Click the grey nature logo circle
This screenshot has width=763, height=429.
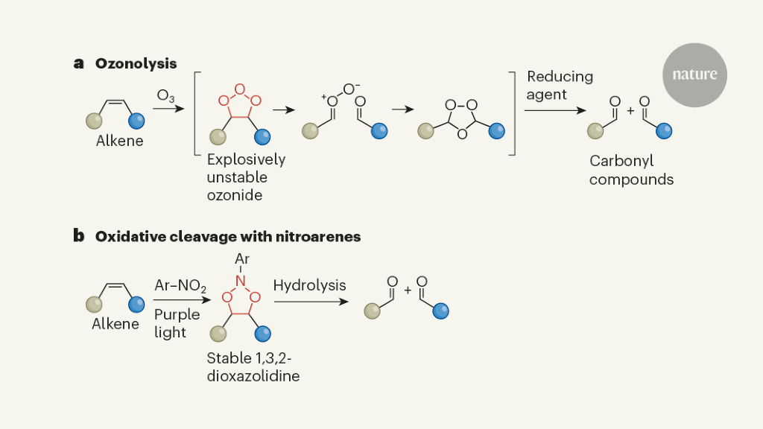[694, 74]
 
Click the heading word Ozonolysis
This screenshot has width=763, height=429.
[136, 63]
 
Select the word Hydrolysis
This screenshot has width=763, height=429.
[309, 285]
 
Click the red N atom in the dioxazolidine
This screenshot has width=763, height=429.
[241, 279]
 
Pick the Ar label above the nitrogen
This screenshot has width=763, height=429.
[241, 258]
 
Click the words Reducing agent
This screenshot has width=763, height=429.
[560, 85]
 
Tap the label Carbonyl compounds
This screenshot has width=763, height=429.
[631, 170]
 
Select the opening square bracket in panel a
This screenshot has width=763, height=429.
[197, 114]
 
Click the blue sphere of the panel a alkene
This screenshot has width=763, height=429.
[137, 121]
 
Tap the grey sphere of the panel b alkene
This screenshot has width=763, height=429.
[95, 305]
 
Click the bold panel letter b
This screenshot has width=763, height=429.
[78, 236]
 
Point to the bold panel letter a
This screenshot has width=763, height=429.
[78, 63]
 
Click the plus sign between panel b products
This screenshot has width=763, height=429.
[408, 289]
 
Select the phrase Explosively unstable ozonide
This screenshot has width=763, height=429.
[246, 177]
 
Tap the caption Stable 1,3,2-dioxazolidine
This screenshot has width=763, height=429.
[253, 368]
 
